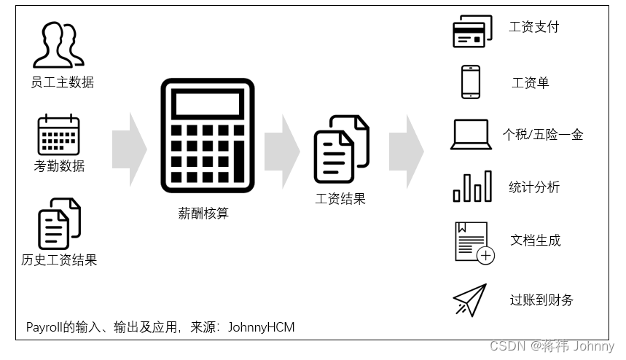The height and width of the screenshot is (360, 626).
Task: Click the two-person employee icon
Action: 58,44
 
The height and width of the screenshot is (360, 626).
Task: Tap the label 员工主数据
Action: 62,82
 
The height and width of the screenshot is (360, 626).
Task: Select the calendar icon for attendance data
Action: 58,135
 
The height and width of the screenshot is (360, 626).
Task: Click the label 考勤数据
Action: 59,166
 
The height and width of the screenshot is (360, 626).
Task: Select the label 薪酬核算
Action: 203,214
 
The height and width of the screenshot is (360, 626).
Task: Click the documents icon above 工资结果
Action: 341,149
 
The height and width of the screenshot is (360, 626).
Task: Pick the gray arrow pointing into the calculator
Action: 129,149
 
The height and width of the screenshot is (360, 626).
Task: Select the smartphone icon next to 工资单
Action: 471,82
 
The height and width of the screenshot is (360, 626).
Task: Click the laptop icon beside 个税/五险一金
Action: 471,135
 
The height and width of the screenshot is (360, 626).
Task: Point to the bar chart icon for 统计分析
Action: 472,187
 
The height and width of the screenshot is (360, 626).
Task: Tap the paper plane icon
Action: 470,300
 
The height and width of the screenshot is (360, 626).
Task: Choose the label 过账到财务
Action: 541,300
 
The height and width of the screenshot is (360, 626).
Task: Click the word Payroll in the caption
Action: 45,327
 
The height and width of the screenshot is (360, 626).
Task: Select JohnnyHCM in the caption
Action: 261,327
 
